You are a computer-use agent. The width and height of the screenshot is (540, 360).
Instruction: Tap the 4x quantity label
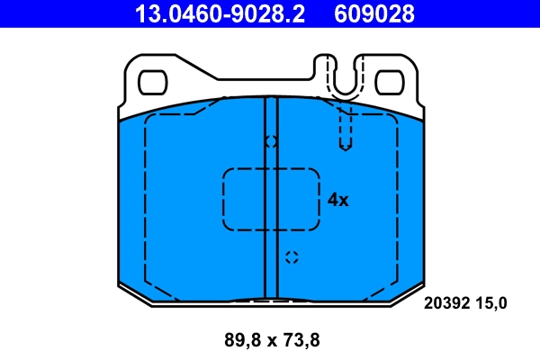coord(337,200)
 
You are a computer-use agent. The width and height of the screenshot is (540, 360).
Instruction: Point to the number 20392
coord(445,304)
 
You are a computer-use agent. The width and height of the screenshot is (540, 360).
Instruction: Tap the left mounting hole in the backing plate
coord(153,82)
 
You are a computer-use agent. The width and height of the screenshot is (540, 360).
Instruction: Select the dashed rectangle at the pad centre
coord(271,199)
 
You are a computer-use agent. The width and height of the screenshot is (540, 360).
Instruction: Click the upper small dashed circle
coord(271,141)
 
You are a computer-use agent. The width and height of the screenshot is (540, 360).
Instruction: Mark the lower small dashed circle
coord(290,257)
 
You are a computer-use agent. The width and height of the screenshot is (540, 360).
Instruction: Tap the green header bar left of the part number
coord(54,13)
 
